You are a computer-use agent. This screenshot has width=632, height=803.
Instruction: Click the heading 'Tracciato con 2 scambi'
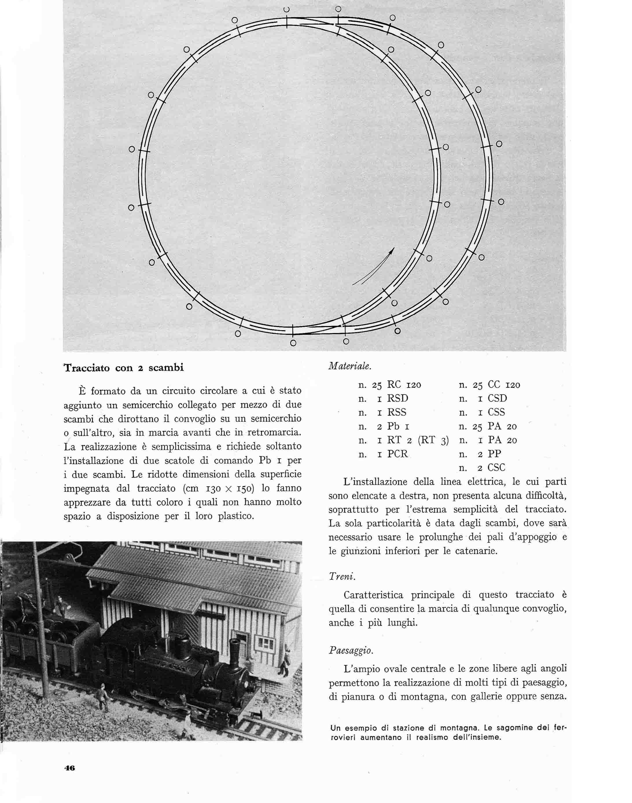[124, 368]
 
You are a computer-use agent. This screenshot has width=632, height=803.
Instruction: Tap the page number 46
[70, 768]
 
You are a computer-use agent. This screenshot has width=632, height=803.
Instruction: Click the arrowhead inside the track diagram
[392, 250]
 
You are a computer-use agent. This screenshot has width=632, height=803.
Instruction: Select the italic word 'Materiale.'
[350, 366]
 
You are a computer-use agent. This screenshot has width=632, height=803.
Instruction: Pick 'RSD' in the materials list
[397, 399]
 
